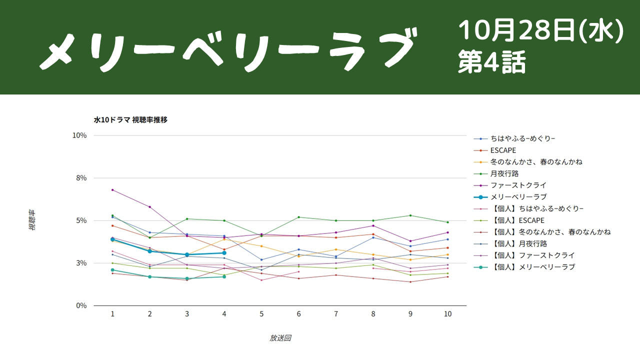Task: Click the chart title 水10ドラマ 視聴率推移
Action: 130,120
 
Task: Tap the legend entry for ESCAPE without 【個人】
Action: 503,150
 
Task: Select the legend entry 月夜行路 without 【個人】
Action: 504,173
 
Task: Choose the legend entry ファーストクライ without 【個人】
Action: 518,185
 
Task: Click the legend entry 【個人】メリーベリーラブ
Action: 532,267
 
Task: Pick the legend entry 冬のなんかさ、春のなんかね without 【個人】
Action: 536,162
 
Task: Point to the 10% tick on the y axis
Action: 79,135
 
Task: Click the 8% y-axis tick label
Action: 81,178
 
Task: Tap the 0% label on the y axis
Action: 81,305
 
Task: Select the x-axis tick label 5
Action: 261,314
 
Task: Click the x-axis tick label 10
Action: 447,314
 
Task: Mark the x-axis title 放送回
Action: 280,338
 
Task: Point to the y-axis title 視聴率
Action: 32,220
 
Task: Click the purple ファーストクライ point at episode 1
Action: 112,190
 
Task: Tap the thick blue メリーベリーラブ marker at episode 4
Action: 224,253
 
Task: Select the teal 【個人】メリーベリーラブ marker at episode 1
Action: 112,270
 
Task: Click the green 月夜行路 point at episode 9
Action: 410,215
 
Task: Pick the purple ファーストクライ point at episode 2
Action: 149,207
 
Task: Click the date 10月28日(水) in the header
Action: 541,30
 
